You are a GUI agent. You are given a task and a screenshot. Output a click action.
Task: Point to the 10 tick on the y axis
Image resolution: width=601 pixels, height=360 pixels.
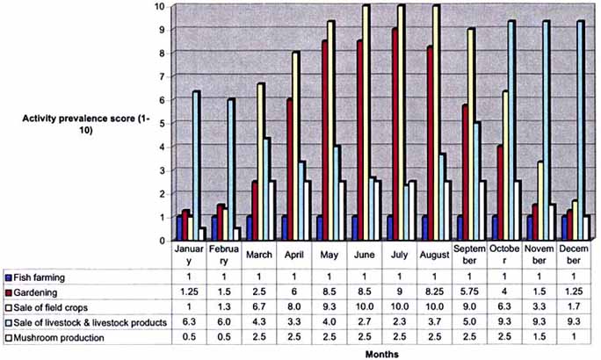click(159, 6)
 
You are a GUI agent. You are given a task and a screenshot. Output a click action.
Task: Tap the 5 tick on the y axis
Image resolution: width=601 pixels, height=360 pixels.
click(160, 123)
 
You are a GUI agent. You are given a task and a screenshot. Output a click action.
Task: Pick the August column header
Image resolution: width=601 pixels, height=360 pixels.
click(436, 255)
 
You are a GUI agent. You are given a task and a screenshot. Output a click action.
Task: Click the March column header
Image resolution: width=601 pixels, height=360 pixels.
click(262, 255)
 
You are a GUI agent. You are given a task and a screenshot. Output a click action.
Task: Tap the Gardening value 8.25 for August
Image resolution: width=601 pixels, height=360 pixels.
click(436, 292)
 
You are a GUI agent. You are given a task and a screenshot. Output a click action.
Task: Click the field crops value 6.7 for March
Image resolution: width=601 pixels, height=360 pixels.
click(262, 306)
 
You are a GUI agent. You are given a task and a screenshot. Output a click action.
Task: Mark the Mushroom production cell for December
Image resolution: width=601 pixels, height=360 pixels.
click(576, 336)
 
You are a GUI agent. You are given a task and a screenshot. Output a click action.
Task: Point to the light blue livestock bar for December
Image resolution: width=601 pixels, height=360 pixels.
click(580, 132)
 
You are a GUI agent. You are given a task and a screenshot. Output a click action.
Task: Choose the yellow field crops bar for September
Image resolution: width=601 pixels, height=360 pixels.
click(472, 136)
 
